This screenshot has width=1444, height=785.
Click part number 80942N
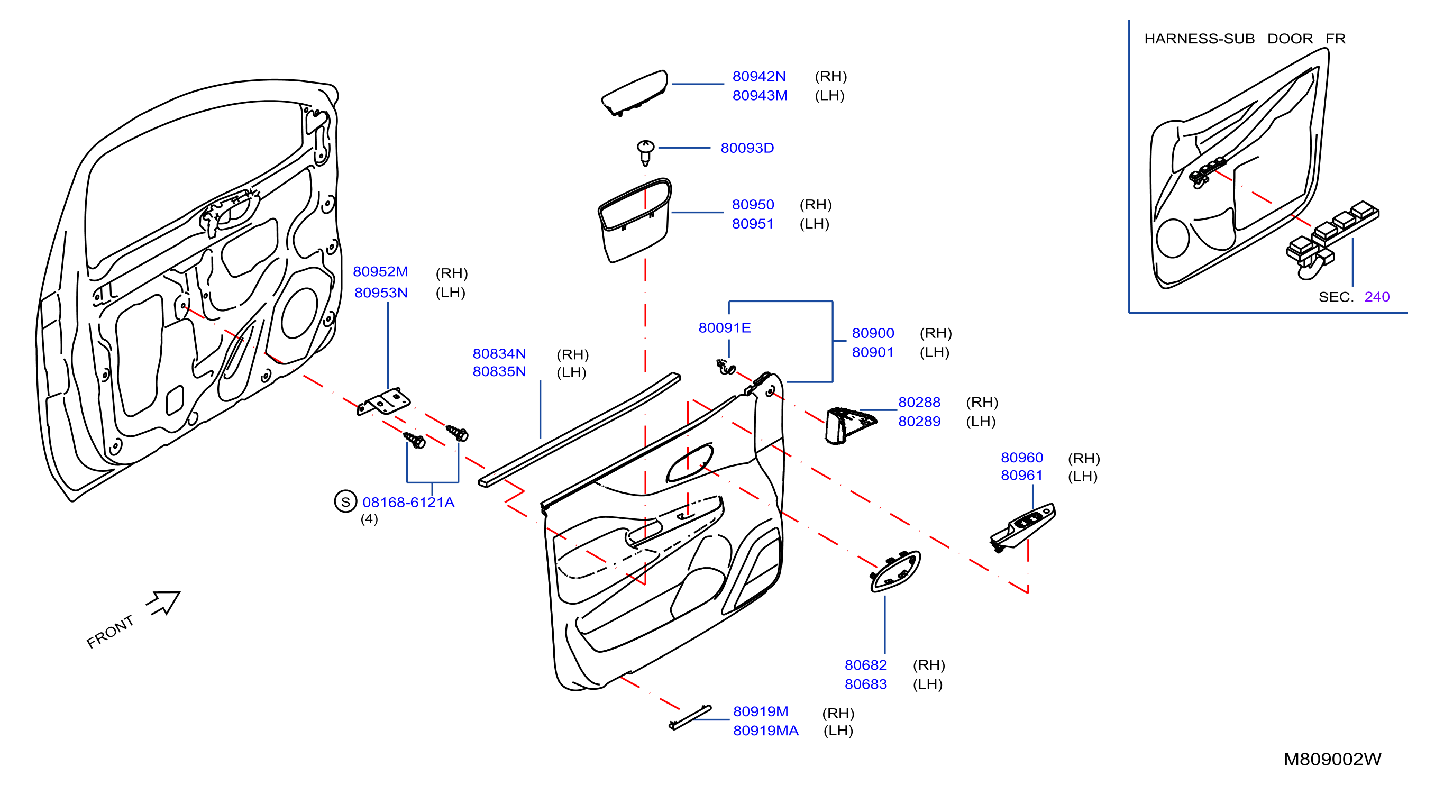pos(759,76)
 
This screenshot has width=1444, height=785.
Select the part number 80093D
pos(747,148)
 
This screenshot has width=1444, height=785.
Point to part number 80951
pos(752,224)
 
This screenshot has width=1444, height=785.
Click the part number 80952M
pos(380,271)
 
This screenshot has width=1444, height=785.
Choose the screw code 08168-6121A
pos(408,503)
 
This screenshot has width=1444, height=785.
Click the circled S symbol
pos(345,502)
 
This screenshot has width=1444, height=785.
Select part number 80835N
pos(499,371)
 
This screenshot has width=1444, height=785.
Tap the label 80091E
pos(724,327)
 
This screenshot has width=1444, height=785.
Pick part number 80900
pos(873,333)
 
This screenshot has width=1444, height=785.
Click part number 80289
pos(919,421)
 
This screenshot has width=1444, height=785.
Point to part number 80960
pos(1022,458)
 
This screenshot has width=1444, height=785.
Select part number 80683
pos(865,684)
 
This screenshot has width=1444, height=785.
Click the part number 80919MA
pos(766,731)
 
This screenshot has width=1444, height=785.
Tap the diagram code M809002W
pos(1332,759)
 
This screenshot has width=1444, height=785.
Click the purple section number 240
pos(1377,297)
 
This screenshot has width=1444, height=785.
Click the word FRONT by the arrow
pos(110,632)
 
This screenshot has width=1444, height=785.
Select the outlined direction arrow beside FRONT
pos(163,603)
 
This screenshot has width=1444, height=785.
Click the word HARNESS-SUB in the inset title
pos(1199,39)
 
